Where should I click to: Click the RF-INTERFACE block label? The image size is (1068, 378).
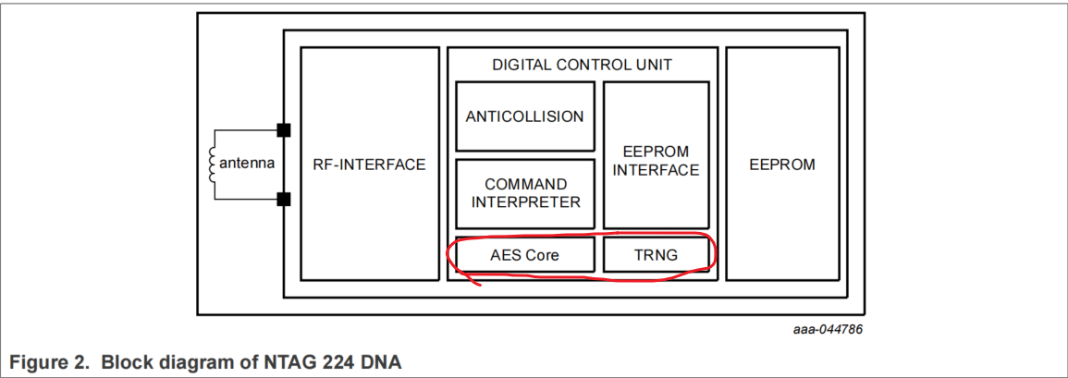[369, 165]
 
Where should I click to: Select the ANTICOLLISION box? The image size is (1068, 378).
[524, 116]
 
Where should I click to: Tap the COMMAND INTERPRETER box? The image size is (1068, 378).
[524, 193]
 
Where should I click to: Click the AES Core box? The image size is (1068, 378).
[524, 255]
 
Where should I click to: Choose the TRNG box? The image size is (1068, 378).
[656, 255]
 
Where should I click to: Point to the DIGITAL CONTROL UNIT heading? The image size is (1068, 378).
[582, 65]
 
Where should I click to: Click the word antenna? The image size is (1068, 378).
[247, 164]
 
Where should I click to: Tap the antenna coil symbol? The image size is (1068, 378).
[212, 163]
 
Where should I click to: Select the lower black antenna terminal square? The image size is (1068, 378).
[284, 199]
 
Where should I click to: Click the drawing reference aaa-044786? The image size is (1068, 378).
[828, 329]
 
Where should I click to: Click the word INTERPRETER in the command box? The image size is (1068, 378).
[525, 202]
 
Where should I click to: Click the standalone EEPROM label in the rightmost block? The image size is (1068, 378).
[781, 165]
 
